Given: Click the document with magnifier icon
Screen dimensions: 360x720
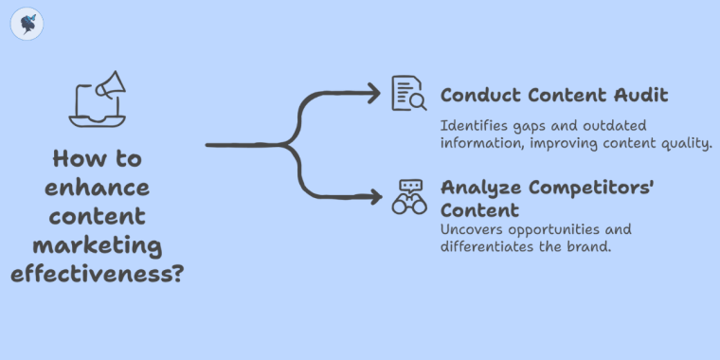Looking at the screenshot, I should [x=409, y=95].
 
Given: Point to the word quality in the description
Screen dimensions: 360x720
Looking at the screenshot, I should [x=686, y=143].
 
